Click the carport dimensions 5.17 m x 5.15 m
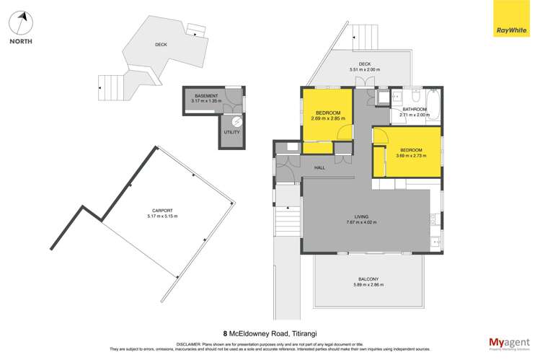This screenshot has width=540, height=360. point(161,216)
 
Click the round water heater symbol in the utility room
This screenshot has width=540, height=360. point(236,121)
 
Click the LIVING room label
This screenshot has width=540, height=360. point(367,216)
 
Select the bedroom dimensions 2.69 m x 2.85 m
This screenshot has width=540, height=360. point(328,118)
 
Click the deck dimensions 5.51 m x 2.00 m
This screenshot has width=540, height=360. point(364,69)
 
